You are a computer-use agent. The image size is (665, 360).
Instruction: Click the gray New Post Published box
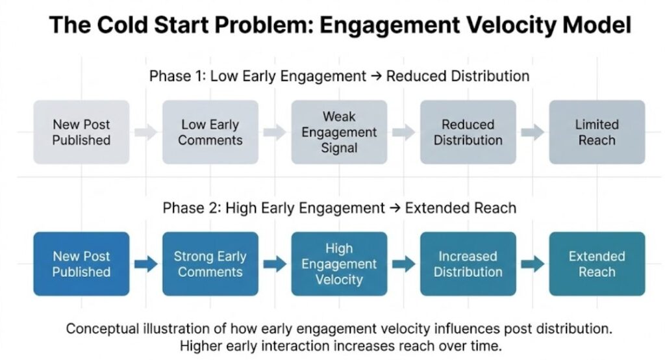[81, 132]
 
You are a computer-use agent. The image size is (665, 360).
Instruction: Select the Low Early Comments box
[210, 132]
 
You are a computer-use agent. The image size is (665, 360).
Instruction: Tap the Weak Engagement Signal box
[339, 132]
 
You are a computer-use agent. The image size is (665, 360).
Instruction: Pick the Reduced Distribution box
[468, 132]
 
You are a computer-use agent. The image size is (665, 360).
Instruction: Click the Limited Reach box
[597, 132]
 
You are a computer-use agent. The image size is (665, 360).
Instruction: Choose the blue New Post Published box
[81, 264]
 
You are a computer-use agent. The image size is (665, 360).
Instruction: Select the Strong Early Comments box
[210, 264]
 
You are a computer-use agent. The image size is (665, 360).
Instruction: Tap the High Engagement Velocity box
[339, 264]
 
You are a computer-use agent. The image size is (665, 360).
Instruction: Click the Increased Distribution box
[468, 264]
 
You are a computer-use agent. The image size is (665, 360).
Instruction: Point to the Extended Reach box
[597, 264]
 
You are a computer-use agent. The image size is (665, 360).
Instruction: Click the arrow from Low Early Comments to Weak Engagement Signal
[275, 132]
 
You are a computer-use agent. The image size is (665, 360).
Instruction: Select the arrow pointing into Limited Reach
[533, 132]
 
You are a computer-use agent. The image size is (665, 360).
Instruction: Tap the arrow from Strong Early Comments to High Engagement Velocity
[275, 264]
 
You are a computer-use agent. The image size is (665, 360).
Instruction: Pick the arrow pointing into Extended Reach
[533, 264]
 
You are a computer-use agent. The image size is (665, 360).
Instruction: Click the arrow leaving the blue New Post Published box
[146, 264]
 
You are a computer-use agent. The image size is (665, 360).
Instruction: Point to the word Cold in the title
[119, 25]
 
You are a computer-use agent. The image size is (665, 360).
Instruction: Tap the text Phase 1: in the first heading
[177, 76]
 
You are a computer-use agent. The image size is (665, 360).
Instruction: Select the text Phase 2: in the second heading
[192, 208]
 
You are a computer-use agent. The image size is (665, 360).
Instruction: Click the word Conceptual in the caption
[102, 329]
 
